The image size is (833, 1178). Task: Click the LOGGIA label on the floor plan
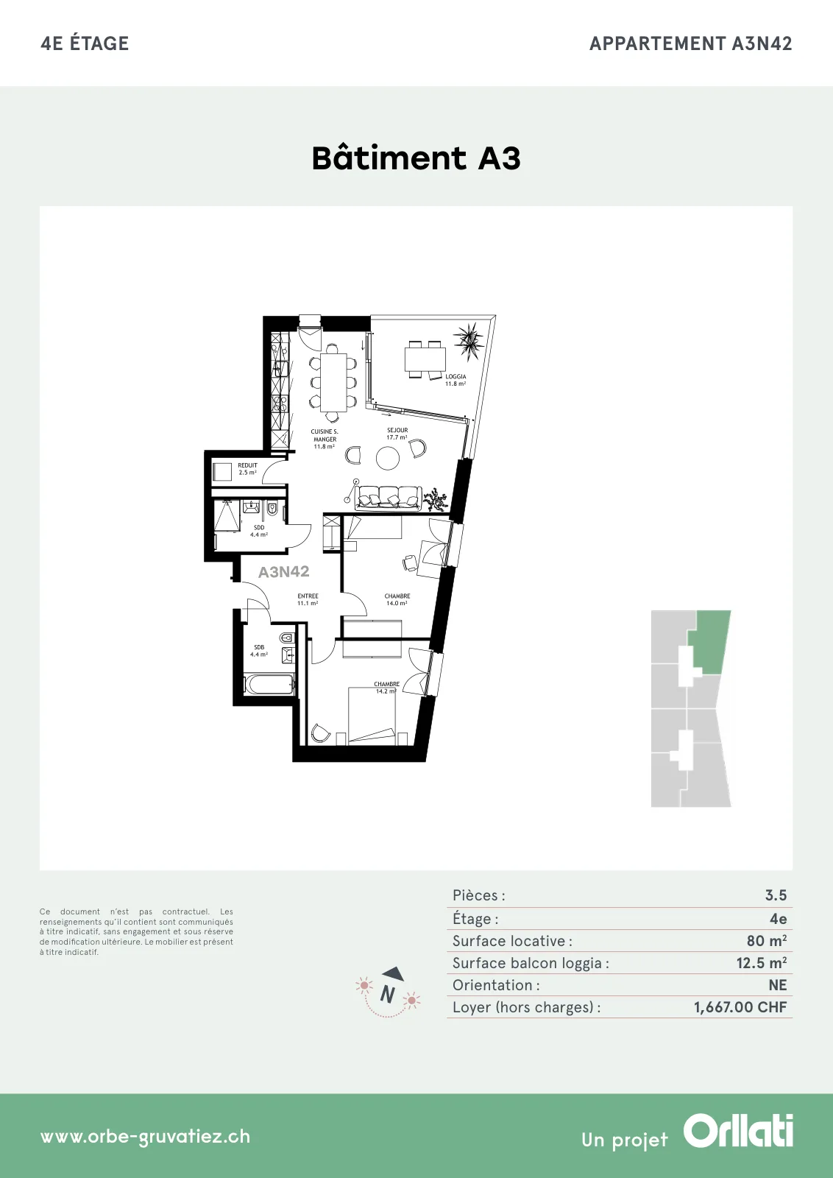click(x=456, y=376)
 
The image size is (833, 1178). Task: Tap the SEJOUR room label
click(x=397, y=430)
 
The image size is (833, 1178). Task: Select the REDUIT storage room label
click(x=247, y=465)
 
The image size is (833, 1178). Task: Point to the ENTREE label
click(x=308, y=596)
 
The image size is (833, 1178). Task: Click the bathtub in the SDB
click(x=269, y=685)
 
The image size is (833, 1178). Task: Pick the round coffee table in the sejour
click(x=388, y=458)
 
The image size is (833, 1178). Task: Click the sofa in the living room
click(x=389, y=498)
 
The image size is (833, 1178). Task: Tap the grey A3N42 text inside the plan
click(x=284, y=571)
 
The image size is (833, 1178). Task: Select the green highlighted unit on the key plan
click(x=709, y=641)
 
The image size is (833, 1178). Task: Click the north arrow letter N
click(x=388, y=994)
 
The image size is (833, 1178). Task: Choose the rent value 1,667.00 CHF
click(x=740, y=1007)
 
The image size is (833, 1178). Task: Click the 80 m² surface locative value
click(x=767, y=940)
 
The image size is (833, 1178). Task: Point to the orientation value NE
click(x=778, y=985)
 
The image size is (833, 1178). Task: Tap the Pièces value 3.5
click(x=776, y=895)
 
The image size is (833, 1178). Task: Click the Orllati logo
click(x=738, y=1130)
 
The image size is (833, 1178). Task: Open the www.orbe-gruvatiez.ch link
click(x=145, y=1137)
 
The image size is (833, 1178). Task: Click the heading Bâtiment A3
click(x=416, y=158)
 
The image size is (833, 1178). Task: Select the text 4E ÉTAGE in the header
click(x=85, y=43)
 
